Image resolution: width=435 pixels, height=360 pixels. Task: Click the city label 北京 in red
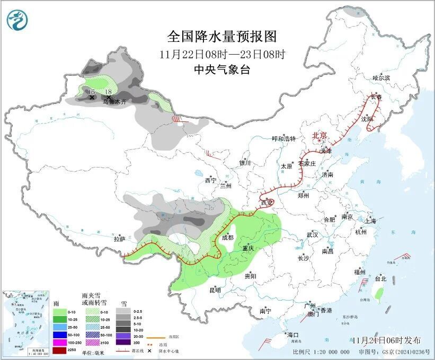pyautogui.click(x=319, y=135)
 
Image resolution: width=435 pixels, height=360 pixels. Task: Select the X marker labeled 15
pyautogui.click(x=92, y=98)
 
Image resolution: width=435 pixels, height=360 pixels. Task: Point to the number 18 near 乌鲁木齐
pyautogui.click(x=108, y=92)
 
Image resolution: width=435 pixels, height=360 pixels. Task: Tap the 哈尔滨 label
pyautogui.click(x=380, y=77)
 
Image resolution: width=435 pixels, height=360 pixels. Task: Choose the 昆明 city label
pyautogui.click(x=215, y=290)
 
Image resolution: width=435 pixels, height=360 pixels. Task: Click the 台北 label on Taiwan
pyautogui.click(x=380, y=278)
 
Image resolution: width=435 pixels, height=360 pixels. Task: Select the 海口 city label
pyautogui.click(x=292, y=335)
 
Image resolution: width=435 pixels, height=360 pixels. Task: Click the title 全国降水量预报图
pyautogui.click(x=222, y=36)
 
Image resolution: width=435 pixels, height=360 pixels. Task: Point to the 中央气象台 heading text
pyautogui.click(x=221, y=69)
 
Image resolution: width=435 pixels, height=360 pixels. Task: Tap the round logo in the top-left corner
pyautogui.click(x=18, y=20)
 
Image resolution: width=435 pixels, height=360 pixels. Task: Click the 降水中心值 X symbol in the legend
pyautogui.click(x=150, y=351)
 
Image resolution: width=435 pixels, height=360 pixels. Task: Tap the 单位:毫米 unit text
pyautogui.click(x=93, y=353)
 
